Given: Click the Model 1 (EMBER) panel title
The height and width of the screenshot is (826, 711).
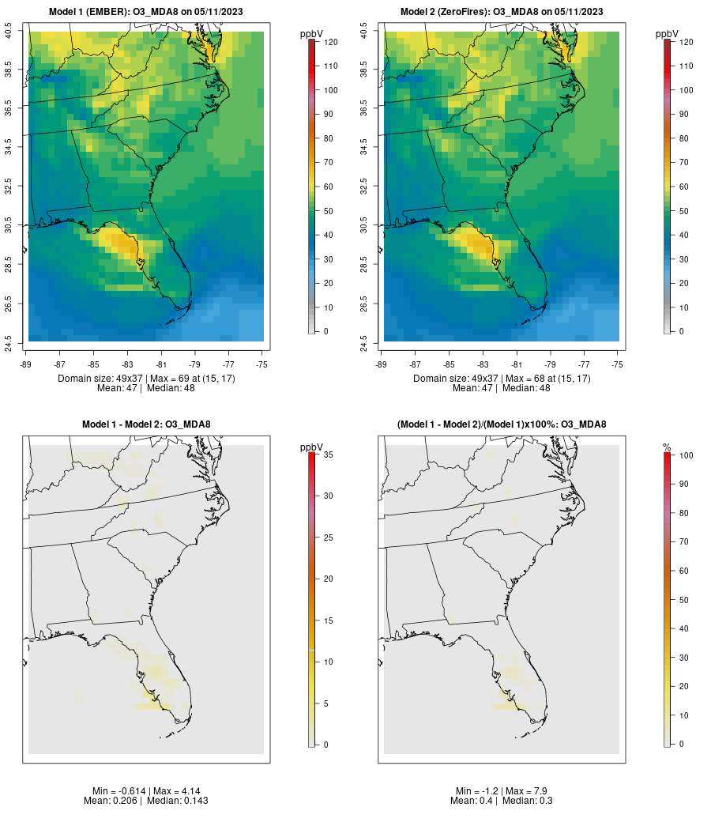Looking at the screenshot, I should (145, 12).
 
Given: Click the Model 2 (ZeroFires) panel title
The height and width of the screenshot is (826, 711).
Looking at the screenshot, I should (502, 12).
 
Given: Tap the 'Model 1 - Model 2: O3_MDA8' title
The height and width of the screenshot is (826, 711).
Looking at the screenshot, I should (146, 424).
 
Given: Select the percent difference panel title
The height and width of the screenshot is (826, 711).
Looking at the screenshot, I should (502, 424).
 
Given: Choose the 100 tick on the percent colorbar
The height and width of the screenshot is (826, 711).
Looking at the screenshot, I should (685, 455).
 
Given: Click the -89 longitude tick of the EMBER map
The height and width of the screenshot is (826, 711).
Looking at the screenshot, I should (27, 364).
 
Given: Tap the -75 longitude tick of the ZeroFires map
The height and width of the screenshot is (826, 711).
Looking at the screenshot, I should (618, 364).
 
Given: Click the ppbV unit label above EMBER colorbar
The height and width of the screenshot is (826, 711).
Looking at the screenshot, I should (311, 34).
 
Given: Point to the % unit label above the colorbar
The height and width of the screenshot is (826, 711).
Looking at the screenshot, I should (667, 447).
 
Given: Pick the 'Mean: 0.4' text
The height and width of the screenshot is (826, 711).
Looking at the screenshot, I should (471, 801).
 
